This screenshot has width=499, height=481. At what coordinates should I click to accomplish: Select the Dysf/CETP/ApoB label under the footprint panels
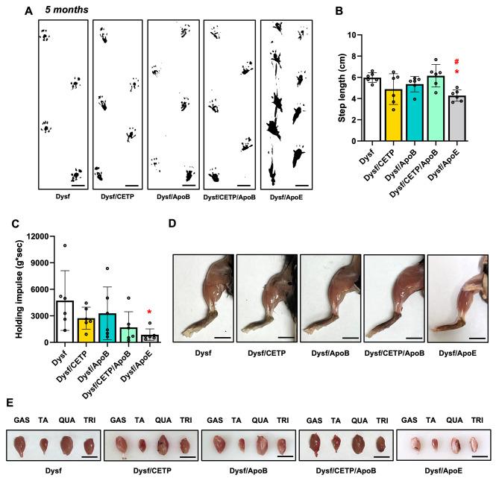coord(227,198)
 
